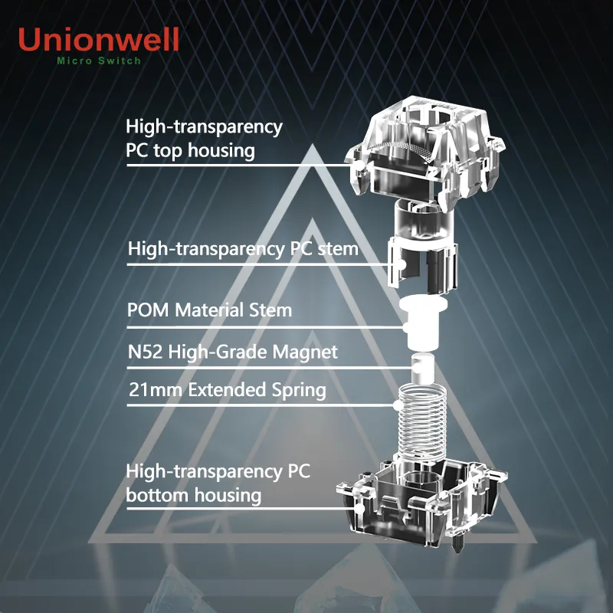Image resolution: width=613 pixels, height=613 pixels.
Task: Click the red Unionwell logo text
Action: (99, 39)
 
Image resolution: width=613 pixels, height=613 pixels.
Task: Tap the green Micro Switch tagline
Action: (99, 61)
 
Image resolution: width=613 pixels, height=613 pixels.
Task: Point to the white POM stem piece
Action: (423, 323)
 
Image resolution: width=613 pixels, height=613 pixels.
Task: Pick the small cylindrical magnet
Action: (424, 369)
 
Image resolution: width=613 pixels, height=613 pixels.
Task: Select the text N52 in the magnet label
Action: (145, 352)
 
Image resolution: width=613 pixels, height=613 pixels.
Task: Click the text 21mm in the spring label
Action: (156, 390)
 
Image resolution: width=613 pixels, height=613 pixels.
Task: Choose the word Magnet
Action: (305, 352)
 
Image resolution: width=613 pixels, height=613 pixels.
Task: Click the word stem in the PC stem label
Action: (338, 249)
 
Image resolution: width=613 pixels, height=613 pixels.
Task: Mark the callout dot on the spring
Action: (398, 405)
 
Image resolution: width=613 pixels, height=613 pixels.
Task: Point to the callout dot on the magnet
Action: (418, 368)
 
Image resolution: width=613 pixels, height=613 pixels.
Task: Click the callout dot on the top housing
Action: (359, 166)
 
